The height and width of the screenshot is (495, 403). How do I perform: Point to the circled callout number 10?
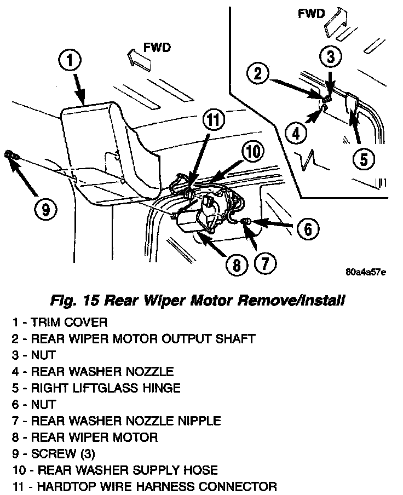click(x=251, y=152)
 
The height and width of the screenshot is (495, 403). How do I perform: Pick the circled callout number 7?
click(x=263, y=264)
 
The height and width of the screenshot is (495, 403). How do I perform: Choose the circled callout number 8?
click(x=236, y=265)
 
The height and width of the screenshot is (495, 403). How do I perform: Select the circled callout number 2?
click(x=259, y=73)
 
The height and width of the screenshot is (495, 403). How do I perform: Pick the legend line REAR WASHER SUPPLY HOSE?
click(x=114, y=470)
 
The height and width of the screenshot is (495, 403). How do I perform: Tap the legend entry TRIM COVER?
click(x=60, y=322)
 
